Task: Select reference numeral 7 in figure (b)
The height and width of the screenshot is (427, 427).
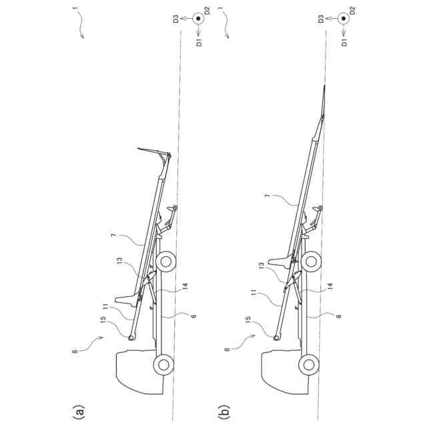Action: pos(268,198)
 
